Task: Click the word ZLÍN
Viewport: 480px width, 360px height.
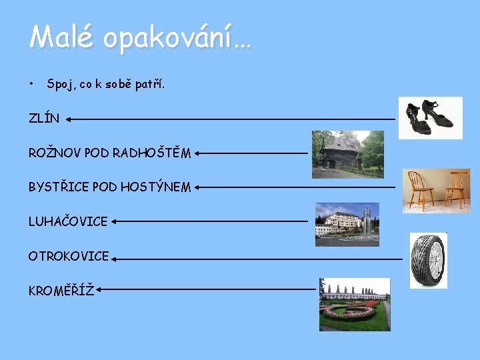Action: [43, 119]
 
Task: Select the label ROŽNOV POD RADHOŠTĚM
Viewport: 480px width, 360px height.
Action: [109, 153]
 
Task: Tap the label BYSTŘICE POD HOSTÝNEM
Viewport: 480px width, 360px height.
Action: [109, 187]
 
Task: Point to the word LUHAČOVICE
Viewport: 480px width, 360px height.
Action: [67, 221]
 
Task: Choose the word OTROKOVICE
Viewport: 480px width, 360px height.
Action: [68, 256]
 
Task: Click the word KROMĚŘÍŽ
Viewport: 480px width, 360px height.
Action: [60, 290]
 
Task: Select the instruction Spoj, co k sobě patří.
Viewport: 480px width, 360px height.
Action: [105, 85]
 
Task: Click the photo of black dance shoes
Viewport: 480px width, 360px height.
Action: [430, 117]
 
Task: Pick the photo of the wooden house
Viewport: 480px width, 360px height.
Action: [347, 154]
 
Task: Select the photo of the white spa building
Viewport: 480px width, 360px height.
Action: [347, 224]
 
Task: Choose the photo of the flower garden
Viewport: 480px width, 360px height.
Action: [354, 305]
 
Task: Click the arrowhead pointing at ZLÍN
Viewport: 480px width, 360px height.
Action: [69, 119]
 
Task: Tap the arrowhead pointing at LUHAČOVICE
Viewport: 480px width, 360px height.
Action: [113, 221]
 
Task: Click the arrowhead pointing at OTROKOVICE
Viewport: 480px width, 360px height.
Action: [115, 257]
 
